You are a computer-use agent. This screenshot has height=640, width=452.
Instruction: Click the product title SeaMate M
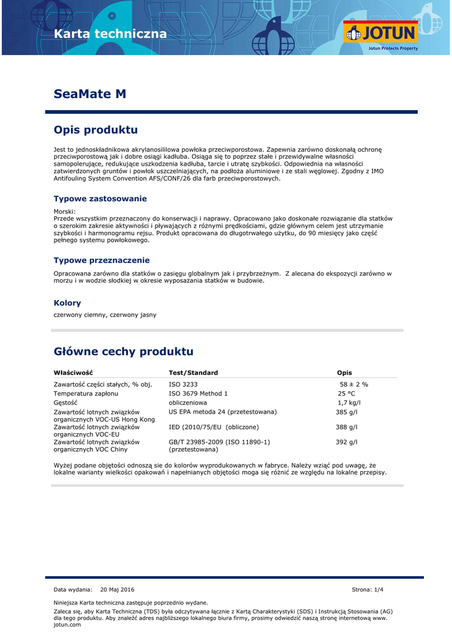(x=90, y=94)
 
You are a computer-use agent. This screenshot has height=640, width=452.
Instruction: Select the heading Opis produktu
(x=96, y=130)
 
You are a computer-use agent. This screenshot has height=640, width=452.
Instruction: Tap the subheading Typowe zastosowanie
(x=100, y=199)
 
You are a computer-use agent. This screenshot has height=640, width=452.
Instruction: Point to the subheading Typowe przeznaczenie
(x=101, y=260)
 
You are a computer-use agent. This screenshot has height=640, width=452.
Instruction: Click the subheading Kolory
(x=67, y=303)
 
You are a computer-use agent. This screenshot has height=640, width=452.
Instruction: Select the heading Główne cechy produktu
(x=124, y=351)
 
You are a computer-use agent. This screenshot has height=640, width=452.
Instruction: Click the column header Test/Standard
(x=193, y=372)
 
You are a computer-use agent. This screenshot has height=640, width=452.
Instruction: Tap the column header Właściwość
(x=74, y=372)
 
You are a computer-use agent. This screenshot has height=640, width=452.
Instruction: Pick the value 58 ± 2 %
(x=353, y=384)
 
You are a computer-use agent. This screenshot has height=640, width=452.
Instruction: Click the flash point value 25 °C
(x=346, y=394)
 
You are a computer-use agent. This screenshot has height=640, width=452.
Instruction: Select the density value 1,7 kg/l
(x=349, y=403)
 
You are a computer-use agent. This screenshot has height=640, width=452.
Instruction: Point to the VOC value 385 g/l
(x=346, y=412)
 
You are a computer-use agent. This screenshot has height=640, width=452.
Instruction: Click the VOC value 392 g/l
(x=346, y=442)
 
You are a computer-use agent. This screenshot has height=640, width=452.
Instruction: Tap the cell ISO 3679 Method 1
(x=198, y=394)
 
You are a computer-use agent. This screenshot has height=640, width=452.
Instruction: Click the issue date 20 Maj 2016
(x=117, y=589)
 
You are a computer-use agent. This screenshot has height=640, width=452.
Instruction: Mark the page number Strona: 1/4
(x=368, y=589)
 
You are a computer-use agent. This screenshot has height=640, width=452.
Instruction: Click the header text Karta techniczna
(x=111, y=34)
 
